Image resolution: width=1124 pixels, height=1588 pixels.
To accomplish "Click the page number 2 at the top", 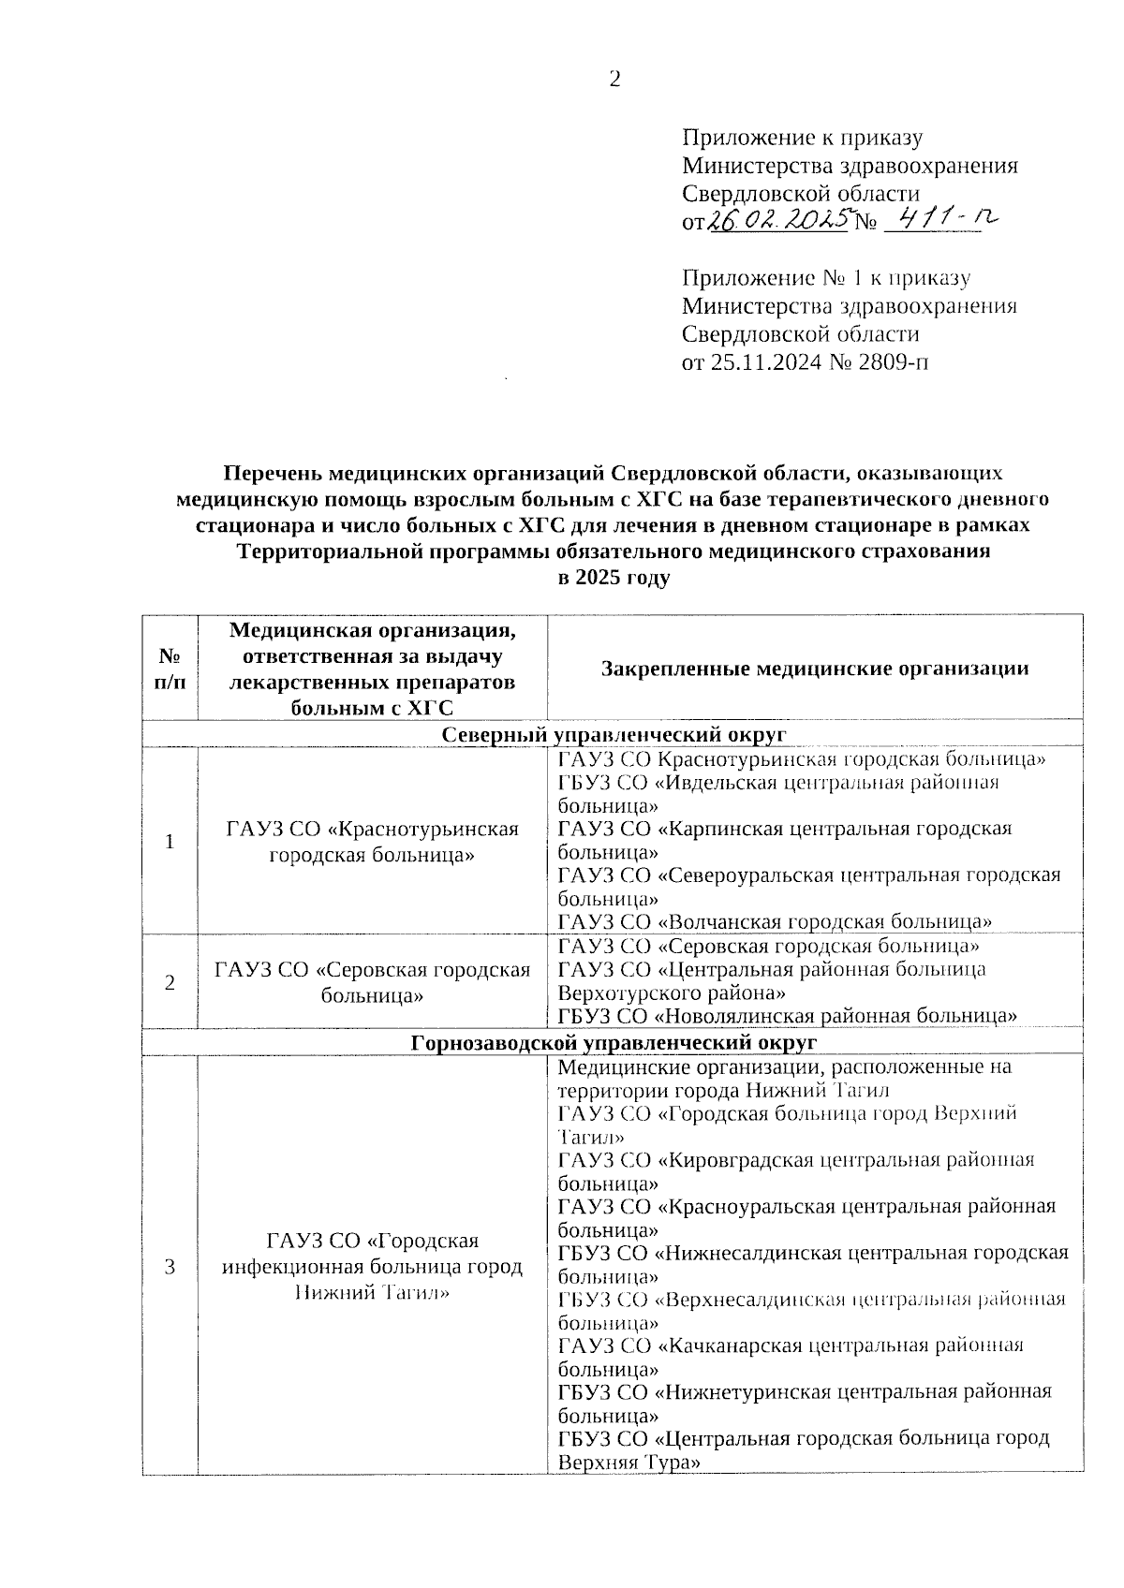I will [x=614, y=80].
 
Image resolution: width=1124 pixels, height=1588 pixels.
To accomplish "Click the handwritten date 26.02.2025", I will [x=777, y=221].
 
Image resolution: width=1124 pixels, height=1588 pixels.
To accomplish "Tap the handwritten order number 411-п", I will [x=940, y=220].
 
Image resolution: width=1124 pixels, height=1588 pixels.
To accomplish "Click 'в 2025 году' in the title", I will [x=614, y=578].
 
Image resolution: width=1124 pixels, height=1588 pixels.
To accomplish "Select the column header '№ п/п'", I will [x=170, y=668].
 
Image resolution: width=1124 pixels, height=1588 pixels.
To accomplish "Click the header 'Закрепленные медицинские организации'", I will [x=815, y=669].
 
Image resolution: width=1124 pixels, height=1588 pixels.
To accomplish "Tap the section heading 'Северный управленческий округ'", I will [x=614, y=733].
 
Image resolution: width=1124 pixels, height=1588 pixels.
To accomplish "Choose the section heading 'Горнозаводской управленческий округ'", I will [x=614, y=1042].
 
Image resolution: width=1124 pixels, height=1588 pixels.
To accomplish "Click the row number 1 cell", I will [x=170, y=841].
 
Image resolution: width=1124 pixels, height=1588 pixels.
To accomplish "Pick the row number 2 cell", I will [x=170, y=982].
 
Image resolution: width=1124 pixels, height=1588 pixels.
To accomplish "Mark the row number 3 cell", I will [x=170, y=1267].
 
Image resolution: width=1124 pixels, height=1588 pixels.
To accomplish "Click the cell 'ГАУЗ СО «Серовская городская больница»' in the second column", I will [x=372, y=982].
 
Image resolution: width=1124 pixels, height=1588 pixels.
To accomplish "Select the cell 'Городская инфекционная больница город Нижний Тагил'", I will [x=372, y=1267].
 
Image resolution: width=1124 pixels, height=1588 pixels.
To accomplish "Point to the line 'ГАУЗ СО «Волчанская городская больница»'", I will [x=775, y=922].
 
